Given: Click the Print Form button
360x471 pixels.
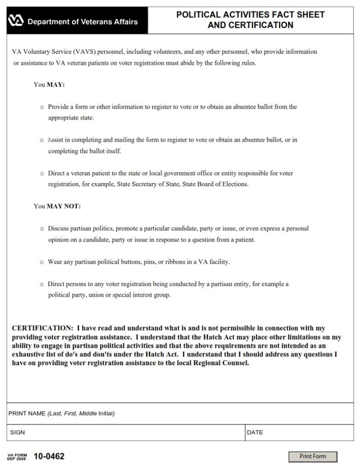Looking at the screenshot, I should coord(313,456).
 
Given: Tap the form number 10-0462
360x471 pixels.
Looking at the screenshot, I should coord(49,456).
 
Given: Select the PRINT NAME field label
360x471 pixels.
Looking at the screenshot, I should coord(27,414).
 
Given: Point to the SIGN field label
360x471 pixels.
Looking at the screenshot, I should coord(17,432).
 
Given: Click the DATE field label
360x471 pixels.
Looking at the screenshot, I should coord(255,432).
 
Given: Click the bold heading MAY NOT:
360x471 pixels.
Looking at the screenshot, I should coord(63,206).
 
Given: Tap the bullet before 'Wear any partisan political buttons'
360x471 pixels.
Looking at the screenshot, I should coord(42,262).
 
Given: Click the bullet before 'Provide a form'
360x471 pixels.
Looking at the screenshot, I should coord(42,107).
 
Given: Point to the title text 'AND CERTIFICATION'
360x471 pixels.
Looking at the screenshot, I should coord(250,25).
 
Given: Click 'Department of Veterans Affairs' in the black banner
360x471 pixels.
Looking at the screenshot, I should coord(83,22).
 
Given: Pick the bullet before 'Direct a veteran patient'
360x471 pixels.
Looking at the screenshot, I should coord(42,174).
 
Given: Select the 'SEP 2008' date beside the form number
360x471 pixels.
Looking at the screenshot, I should coord(17,459).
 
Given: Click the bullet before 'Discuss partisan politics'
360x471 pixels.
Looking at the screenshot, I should coord(42,229).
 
